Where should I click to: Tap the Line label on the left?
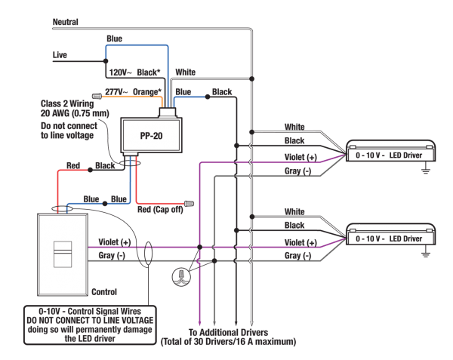click(60, 55)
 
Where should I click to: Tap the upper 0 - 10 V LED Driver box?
click(390, 151)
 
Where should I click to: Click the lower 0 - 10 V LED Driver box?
click(390, 235)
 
